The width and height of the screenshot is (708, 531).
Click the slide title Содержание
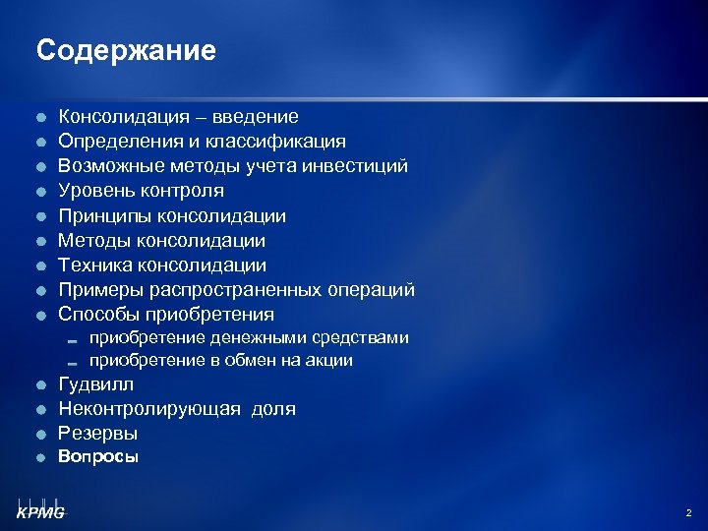(126, 50)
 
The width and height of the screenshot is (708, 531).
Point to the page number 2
(688, 512)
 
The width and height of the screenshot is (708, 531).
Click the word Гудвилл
(96, 384)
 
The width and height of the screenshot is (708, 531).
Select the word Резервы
(98, 433)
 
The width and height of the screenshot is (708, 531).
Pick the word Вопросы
(98, 456)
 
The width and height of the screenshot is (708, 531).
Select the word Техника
(94, 265)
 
